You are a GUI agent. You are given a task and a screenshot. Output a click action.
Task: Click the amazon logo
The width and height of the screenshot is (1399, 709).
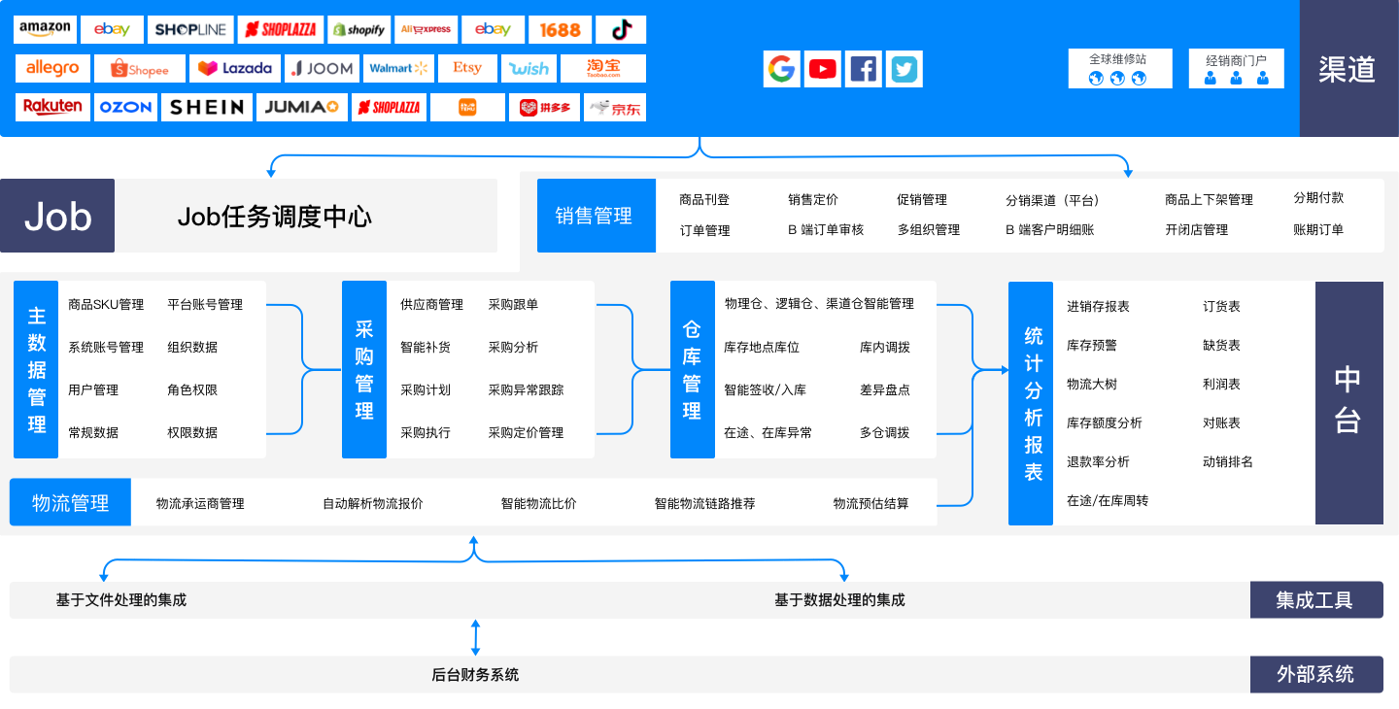pyautogui.click(x=45, y=29)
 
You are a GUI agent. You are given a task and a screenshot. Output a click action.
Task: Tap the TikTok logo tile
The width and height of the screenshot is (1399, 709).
pyautogui.click(x=621, y=29)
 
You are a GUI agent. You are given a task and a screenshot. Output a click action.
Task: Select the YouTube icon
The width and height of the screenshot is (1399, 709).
pyautogui.click(x=823, y=69)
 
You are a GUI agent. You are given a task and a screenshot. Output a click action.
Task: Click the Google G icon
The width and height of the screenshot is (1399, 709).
pyautogui.click(x=781, y=69)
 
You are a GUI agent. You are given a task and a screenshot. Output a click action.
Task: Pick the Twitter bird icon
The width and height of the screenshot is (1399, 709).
pyautogui.click(x=904, y=69)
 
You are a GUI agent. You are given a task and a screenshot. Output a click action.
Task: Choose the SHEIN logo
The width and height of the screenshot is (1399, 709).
pyautogui.click(x=207, y=107)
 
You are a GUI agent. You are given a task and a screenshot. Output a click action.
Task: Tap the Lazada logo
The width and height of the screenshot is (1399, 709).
pyautogui.click(x=235, y=69)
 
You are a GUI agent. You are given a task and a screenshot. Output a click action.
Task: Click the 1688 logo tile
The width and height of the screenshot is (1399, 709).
pyautogui.click(x=560, y=29)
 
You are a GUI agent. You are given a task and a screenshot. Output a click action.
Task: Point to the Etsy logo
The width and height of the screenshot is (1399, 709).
pyautogui.click(x=466, y=69)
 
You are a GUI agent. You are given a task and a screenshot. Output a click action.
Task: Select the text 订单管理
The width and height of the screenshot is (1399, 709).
pyautogui.click(x=704, y=230)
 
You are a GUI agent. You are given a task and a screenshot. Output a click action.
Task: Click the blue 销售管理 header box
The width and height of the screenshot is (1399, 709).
pyautogui.click(x=595, y=216)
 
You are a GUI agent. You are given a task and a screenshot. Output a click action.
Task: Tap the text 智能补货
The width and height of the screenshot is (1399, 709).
pyautogui.click(x=426, y=347)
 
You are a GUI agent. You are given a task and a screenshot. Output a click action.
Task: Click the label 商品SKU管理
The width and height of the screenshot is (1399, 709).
pyautogui.click(x=106, y=304)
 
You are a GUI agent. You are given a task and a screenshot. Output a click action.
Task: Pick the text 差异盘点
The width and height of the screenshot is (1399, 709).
pyautogui.click(x=884, y=389)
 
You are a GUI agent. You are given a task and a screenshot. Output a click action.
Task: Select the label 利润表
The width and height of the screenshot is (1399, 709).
pyautogui.click(x=1221, y=384)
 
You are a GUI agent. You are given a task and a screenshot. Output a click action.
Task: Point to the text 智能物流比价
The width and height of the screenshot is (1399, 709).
pyautogui.click(x=538, y=503)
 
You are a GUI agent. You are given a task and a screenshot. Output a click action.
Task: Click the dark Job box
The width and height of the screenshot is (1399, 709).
pyautogui.click(x=57, y=216)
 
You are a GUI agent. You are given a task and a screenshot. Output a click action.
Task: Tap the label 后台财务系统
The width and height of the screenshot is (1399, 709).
pyautogui.click(x=475, y=674)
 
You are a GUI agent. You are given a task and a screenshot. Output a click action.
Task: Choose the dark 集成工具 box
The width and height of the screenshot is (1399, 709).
pyautogui.click(x=1315, y=600)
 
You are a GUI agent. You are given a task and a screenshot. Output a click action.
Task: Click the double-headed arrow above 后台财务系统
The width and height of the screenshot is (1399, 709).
pyautogui.click(x=475, y=637)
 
